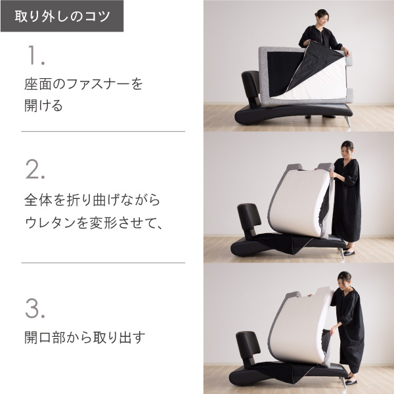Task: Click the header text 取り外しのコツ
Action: (x=62, y=16)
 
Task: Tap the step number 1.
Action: (x=36, y=55)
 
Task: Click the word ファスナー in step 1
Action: (x=105, y=84)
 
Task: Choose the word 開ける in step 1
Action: (x=43, y=106)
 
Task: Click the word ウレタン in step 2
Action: (x=50, y=223)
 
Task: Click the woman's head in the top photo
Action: (x=322, y=17)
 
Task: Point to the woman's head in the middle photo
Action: (x=347, y=149)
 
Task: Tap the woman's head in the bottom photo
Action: (x=344, y=280)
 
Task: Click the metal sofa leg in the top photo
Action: (x=348, y=121)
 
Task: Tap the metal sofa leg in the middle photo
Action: (x=341, y=253)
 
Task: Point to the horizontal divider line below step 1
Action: (x=103, y=131)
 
